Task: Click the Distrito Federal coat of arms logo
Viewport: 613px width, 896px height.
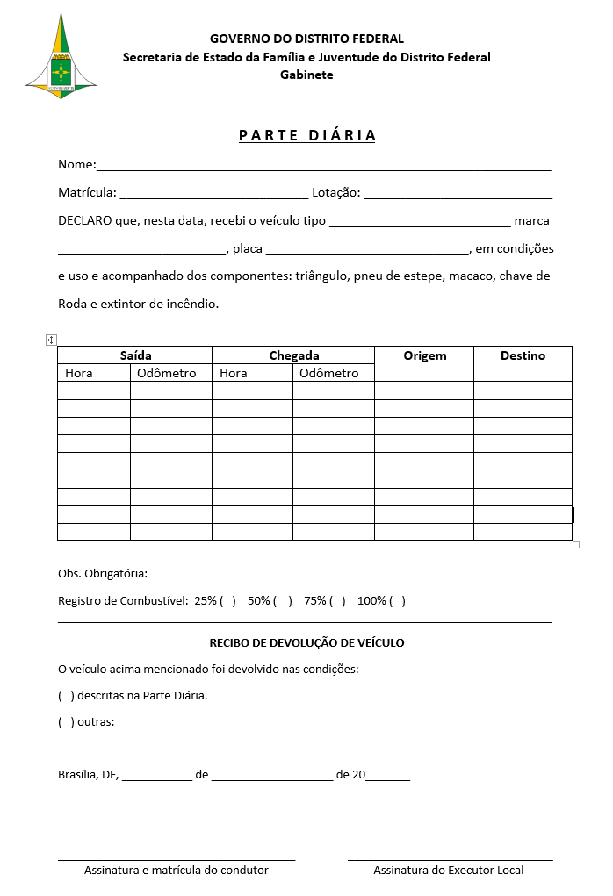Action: click(x=61, y=54)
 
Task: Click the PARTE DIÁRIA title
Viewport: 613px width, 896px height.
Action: click(x=307, y=135)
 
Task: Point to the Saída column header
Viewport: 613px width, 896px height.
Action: click(x=135, y=355)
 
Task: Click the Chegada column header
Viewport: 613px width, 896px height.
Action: click(x=293, y=355)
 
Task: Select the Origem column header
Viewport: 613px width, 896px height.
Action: click(x=424, y=355)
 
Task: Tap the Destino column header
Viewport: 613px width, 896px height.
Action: click(x=523, y=355)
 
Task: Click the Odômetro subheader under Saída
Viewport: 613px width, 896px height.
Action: click(x=166, y=373)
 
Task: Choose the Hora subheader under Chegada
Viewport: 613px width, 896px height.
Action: click(x=234, y=373)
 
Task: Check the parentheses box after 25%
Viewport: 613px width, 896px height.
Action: click(x=227, y=601)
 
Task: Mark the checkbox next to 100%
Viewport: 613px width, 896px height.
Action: click(x=397, y=601)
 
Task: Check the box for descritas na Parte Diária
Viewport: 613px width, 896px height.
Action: click(x=66, y=696)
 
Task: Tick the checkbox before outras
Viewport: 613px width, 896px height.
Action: click(x=66, y=722)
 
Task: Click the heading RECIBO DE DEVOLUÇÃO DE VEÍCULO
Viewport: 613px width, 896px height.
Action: click(x=306, y=642)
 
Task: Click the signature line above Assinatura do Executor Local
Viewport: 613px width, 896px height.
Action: click(x=450, y=859)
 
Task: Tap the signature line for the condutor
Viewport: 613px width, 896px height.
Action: click(x=177, y=859)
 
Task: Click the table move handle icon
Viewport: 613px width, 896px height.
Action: click(x=51, y=340)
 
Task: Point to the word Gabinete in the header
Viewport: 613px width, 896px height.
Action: click(x=306, y=75)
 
